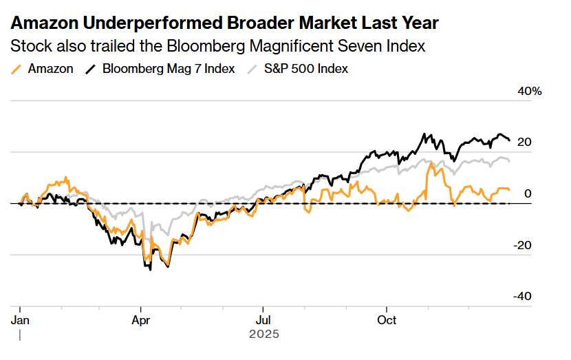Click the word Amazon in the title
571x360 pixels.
click(45, 23)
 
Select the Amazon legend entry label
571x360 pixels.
click(50, 69)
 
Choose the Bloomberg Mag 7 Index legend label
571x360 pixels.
click(169, 69)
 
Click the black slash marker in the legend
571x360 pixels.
click(91, 69)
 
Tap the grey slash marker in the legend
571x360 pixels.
click(252, 69)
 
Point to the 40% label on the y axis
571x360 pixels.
click(529, 92)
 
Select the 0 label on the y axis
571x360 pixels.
click(528, 193)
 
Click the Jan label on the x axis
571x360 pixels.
click(20, 320)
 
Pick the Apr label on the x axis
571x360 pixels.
click(140, 320)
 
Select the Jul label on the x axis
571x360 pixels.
click(262, 320)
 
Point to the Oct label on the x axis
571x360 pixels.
click(387, 320)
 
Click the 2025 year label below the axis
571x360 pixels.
click(263, 335)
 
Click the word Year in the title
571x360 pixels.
click(416, 23)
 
